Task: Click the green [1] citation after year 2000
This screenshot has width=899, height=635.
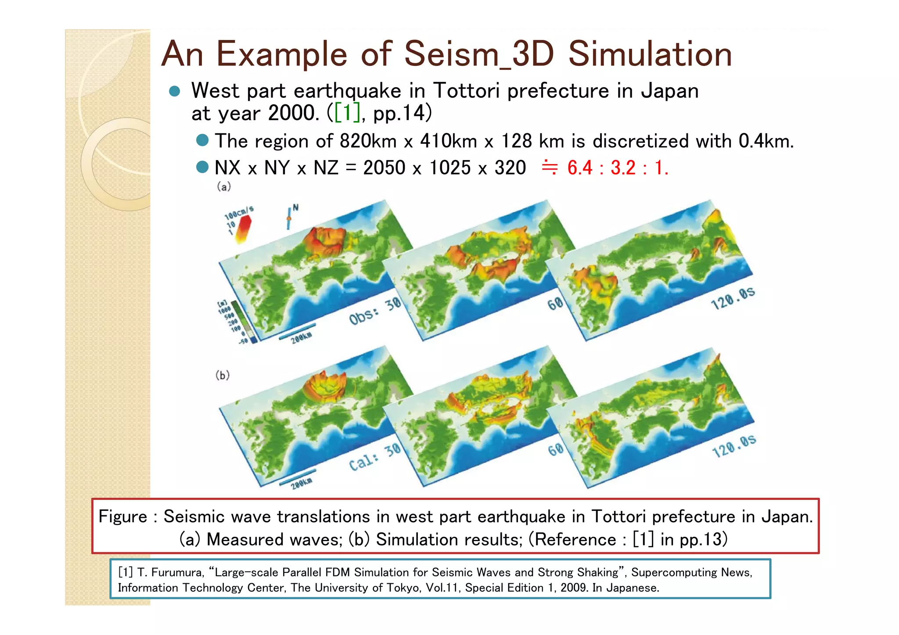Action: click(x=347, y=113)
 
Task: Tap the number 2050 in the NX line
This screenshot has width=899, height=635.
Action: click(x=384, y=168)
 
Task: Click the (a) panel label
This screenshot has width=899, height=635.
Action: click(x=224, y=187)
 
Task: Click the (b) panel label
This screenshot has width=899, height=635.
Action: click(x=223, y=375)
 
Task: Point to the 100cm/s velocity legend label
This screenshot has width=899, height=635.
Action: click(x=239, y=212)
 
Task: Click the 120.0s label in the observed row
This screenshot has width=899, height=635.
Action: click(x=733, y=299)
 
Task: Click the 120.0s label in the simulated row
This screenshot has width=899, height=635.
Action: click(x=734, y=446)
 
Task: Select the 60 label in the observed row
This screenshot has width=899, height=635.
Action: click(x=555, y=303)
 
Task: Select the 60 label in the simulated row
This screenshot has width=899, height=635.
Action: click(x=555, y=449)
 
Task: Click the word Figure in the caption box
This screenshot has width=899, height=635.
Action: click(x=122, y=517)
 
